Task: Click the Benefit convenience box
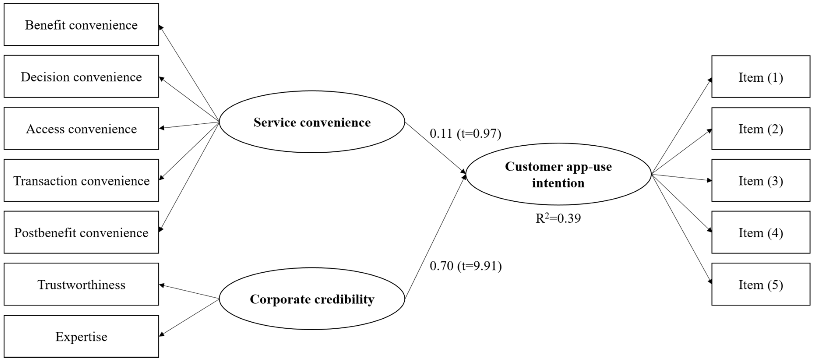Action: (81, 25)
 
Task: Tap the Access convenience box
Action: (81, 128)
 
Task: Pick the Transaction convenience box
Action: (81, 180)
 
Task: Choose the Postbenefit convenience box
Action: (81, 232)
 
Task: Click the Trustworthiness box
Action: (81, 284)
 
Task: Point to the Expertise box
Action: (81, 336)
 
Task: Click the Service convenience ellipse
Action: (312, 122)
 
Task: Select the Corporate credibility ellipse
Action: (312, 299)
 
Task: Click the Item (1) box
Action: (761, 77)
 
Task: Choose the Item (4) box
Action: (761, 232)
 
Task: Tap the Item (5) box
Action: (761, 284)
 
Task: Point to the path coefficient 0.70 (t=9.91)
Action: (465, 266)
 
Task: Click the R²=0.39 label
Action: (558, 218)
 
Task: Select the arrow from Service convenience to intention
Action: (435, 148)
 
